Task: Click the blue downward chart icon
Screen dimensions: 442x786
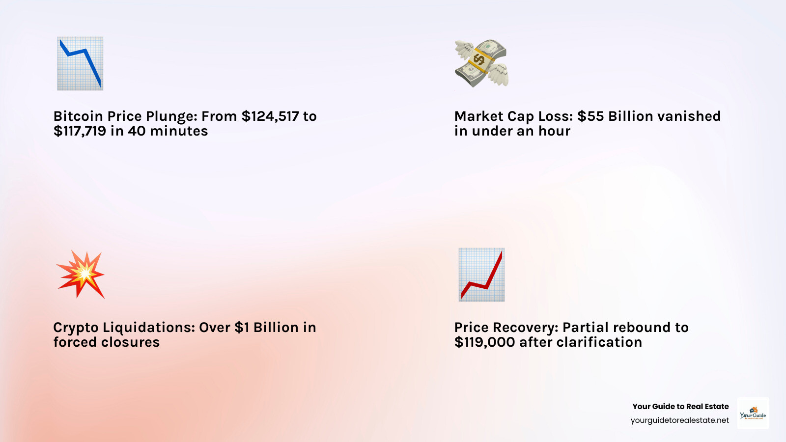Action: [x=80, y=63]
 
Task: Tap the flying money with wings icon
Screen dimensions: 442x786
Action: [x=481, y=63]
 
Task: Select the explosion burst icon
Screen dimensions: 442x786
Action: [x=81, y=275]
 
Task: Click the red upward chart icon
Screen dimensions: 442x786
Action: [x=481, y=275]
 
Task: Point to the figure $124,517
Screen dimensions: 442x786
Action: [x=270, y=116]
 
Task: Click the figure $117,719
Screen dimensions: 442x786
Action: [x=80, y=131]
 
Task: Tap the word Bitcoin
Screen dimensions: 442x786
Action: [x=78, y=116]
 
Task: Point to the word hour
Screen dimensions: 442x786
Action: [x=555, y=131]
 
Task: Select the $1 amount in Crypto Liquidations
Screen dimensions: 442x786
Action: [x=242, y=328]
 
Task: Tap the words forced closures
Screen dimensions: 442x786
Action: [x=107, y=342]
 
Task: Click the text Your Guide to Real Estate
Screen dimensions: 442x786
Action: [x=680, y=407]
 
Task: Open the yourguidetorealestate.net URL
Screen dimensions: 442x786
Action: [x=679, y=420]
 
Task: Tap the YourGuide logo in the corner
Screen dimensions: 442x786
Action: [x=753, y=413]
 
